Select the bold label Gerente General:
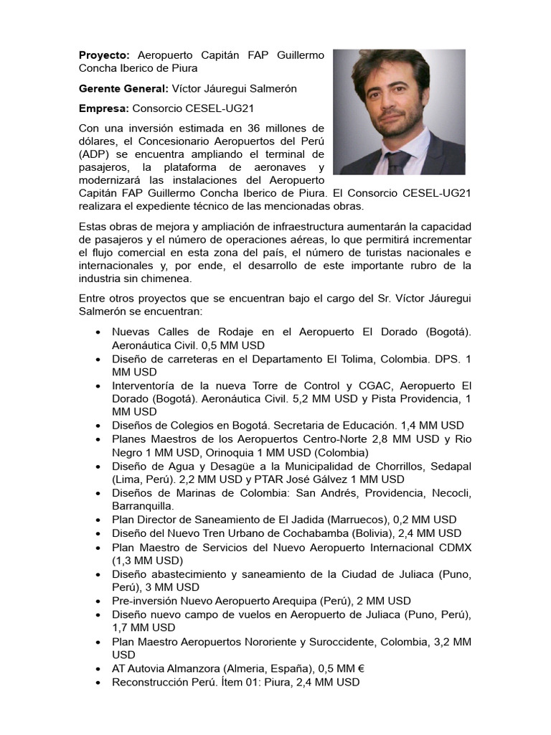point(123,88)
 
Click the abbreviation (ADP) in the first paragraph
point(93,154)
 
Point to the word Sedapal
point(450,466)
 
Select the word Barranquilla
point(143,506)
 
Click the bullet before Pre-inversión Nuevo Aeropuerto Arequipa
point(98,601)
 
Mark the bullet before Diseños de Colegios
point(98,426)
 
